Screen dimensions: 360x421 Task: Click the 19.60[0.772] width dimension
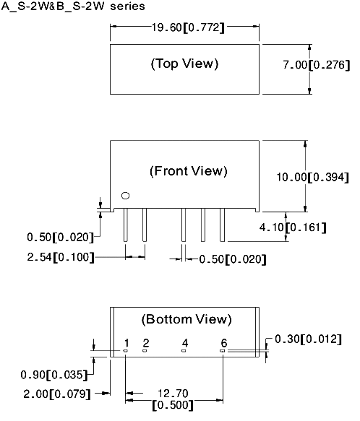pos(188,27)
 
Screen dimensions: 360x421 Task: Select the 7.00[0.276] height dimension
pos(317,65)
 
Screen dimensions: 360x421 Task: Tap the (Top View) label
pos(184,64)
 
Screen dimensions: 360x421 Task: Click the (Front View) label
pos(189,171)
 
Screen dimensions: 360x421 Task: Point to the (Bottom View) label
pos(187,319)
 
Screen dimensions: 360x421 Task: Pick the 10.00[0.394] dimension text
pos(313,177)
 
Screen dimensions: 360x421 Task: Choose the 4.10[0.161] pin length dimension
pos(293,227)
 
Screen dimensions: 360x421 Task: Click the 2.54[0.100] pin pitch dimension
pos(61,257)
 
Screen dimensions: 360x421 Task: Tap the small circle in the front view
pos(125,196)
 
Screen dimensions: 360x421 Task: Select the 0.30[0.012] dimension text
pos(309,339)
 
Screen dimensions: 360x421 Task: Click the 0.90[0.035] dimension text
pos(54,375)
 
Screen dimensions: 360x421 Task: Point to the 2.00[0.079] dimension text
pos(57,394)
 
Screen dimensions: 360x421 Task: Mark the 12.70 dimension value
pos(173,394)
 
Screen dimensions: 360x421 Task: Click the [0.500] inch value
pos(173,405)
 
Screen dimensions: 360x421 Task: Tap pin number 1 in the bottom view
pos(127,343)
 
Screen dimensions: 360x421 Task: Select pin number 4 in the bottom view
pos(185,343)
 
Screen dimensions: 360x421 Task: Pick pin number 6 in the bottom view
pos(224,343)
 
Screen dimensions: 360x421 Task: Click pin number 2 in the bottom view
pos(146,343)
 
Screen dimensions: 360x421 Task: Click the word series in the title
pos(127,6)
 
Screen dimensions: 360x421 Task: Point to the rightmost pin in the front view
pos(222,225)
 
